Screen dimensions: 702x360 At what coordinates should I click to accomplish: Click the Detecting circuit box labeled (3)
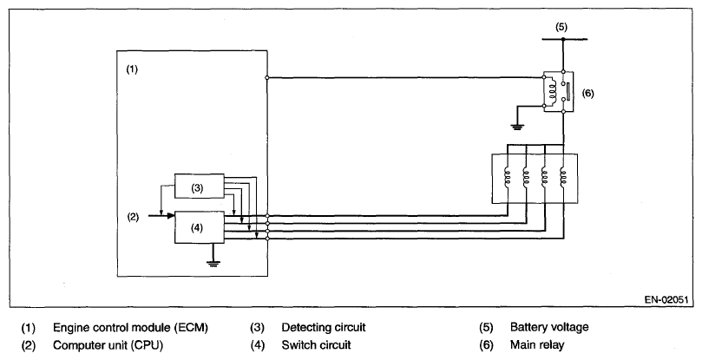200,186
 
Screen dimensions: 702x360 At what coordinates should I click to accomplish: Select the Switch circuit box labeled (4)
200,227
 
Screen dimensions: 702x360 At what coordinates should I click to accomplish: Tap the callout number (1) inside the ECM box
132,69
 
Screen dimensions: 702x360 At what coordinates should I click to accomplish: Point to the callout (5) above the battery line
561,27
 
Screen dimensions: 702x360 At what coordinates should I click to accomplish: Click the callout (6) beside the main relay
587,93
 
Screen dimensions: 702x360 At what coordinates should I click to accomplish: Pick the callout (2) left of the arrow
133,217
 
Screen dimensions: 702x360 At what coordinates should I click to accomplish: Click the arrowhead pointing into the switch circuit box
171,216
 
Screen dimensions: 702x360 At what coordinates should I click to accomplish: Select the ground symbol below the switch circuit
213,263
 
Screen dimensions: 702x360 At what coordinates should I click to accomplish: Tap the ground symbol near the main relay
517,128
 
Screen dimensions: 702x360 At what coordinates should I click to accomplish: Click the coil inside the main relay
552,92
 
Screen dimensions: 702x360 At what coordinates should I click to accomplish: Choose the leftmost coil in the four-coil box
508,176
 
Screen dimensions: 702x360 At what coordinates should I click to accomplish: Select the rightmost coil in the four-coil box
563,176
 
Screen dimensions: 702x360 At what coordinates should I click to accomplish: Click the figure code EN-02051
666,299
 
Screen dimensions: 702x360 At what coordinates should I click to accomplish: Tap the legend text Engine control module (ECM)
130,328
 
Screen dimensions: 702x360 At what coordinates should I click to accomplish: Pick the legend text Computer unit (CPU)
108,345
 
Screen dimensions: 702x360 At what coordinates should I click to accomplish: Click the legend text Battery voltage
549,327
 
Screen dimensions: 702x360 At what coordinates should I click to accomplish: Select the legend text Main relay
537,344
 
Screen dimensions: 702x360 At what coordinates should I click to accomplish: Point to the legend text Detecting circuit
324,328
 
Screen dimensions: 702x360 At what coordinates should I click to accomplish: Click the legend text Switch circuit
316,344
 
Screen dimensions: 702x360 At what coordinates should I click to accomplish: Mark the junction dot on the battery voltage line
563,39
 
